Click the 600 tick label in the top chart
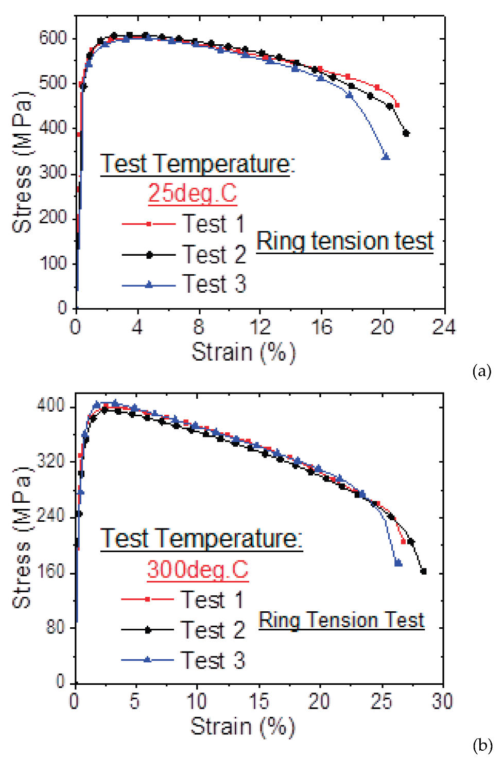pos(53,38)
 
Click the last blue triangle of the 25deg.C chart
pos(386,156)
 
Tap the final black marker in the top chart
pos(406,133)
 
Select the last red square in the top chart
pos(397,105)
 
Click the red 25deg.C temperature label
pos(193,193)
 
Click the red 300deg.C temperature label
pos(198,570)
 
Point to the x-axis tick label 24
pos(443,327)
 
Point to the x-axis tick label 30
pos(442,701)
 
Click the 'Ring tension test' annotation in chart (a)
pos(345,241)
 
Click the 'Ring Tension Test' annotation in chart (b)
pos(341,620)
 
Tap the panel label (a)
pos(481,370)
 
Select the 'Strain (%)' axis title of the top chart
pos(244,353)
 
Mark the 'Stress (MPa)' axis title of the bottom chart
pos(22,538)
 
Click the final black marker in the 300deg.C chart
pos(423,571)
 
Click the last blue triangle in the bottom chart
pos(398,563)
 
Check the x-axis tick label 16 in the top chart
pos(321,327)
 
